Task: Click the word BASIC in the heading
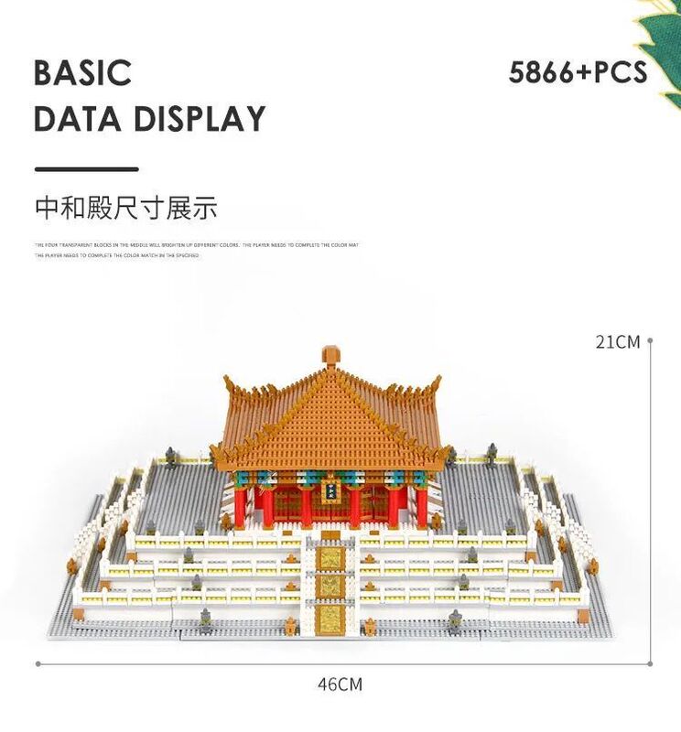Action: [x=83, y=73]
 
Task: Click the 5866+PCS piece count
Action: [x=578, y=72]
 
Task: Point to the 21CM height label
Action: [x=618, y=342]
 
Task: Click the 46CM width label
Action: [x=340, y=684]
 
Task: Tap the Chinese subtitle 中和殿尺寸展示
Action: [x=126, y=208]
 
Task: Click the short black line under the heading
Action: [x=86, y=169]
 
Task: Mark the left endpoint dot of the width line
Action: [x=38, y=662]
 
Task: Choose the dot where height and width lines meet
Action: [x=650, y=662]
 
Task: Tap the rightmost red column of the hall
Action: [x=422, y=506]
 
